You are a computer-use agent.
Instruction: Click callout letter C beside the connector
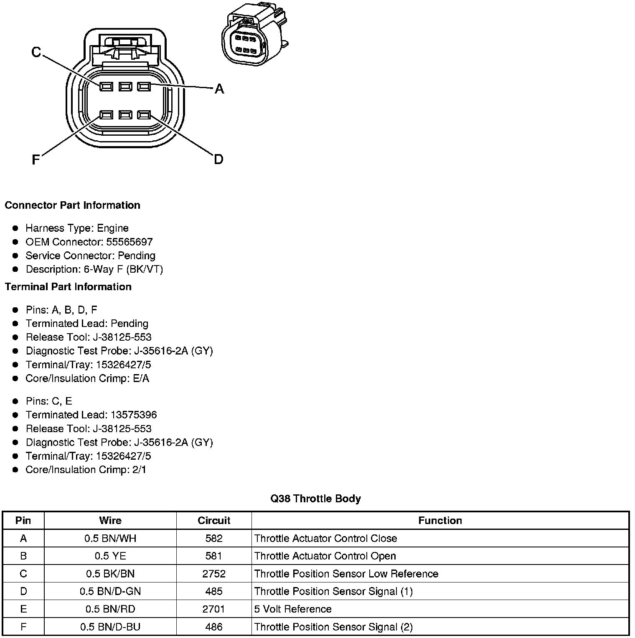(36, 52)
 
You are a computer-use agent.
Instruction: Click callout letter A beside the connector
(219, 89)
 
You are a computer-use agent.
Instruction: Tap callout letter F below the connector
(36, 159)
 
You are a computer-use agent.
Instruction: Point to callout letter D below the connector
(218, 159)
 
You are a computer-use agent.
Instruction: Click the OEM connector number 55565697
(130, 242)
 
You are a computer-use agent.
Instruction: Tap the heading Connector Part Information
(72, 205)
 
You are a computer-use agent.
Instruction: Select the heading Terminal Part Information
(68, 286)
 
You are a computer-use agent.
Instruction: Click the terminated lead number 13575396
(134, 415)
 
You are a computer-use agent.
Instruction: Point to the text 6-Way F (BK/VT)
(123, 269)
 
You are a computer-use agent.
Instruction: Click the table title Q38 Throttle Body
(315, 499)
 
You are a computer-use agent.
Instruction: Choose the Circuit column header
(214, 520)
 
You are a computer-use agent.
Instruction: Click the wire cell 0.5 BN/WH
(110, 538)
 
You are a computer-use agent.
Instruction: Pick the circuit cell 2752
(214, 574)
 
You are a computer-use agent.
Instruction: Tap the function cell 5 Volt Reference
(293, 609)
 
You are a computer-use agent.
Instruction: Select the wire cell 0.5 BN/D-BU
(110, 627)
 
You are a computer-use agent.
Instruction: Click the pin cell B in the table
(23, 556)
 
